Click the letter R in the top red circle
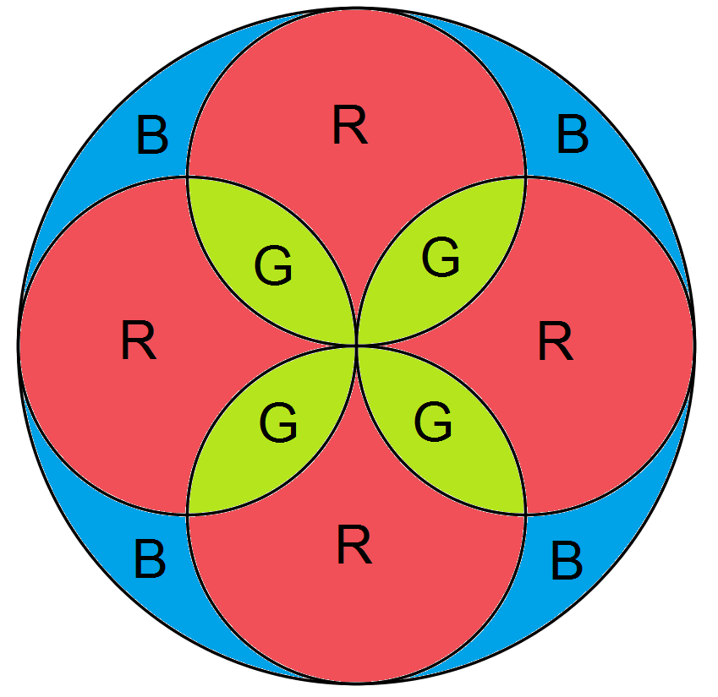click(x=349, y=127)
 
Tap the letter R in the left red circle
click(x=139, y=341)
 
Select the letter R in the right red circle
click(x=556, y=341)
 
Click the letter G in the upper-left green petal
click(x=273, y=267)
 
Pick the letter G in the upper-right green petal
click(x=441, y=257)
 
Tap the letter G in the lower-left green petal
click(x=278, y=422)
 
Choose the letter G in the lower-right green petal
click(x=433, y=422)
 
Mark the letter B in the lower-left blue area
click(x=149, y=559)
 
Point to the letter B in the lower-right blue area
click(x=567, y=561)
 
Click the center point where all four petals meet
click(x=356, y=345)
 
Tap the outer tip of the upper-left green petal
click(x=188, y=177)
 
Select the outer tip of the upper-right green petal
click(x=525, y=177)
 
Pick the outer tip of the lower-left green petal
click(x=188, y=514)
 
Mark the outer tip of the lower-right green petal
click(x=525, y=514)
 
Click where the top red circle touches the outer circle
click(x=356, y=8)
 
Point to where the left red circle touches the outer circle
click(x=19, y=345)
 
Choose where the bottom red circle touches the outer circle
click(x=356, y=681)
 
